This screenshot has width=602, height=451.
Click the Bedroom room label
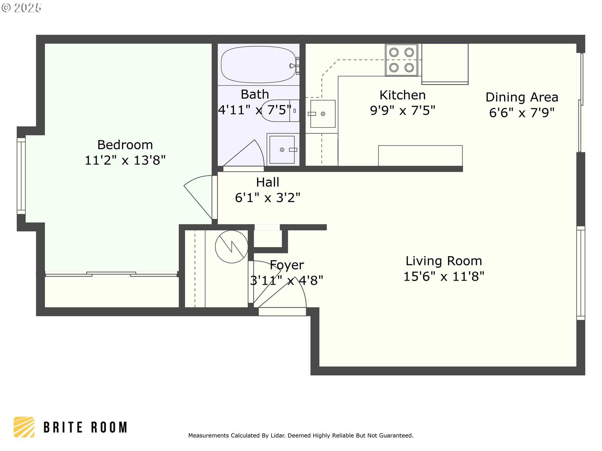pyautogui.click(x=125, y=145)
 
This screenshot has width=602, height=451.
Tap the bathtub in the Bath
pyautogui.click(x=259, y=65)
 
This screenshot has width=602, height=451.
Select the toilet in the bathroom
pyautogui.click(x=280, y=111)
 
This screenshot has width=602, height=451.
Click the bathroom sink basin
pyautogui.click(x=282, y=150)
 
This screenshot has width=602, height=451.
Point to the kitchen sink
pyautogui.click(x=323, y=114)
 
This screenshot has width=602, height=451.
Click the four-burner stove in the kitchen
pyautogui.click(x=402, y=60)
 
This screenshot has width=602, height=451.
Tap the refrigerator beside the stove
pyautogui.click(x=445, y=64)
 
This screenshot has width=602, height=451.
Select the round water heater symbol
pyautogui.click(x=231, y=247)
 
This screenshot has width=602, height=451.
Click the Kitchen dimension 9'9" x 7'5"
pyautogui.click(x=403, y=110)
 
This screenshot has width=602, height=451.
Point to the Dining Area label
pyautogui.click(x=522, y=97)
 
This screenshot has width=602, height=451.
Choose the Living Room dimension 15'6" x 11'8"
pyautogui.click(x=444, y=277)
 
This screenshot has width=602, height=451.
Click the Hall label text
pyautogui.click(x=267, y=182)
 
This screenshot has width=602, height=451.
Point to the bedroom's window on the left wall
pyautogui.click(x=21, y=176)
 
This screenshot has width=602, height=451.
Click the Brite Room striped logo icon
pyautogui.click(x=24, y=427)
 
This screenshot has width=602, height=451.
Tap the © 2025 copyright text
pyautogui.click(x=21, y=8)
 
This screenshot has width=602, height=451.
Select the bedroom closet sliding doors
pyautogui.click(x=111, y=274)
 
